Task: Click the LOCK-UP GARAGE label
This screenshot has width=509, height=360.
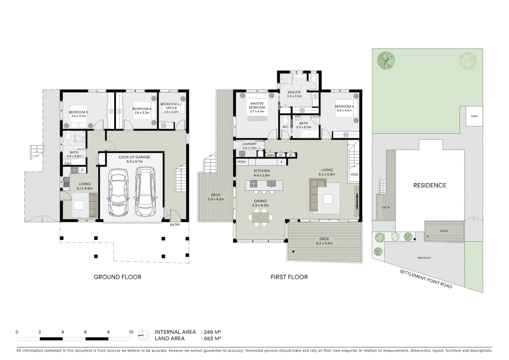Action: coord(134,157)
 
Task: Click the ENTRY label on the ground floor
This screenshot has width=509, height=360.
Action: coord(175,225)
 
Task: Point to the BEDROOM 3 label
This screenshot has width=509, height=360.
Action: coord(78,112)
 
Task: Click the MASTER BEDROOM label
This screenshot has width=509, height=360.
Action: coord(257,105)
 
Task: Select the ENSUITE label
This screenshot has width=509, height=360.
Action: coord(294,92)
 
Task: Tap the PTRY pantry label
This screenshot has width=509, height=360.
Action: coord(242,162)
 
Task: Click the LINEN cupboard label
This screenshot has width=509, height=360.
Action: coord(270,155)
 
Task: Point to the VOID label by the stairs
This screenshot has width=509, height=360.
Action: coord(354,174)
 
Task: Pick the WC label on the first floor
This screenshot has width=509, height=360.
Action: coord(285,127)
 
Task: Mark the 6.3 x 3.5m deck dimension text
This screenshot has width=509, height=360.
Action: coord(324,243)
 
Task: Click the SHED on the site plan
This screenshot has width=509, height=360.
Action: coord(474,116)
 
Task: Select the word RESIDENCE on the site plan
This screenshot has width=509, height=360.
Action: coord(429,185)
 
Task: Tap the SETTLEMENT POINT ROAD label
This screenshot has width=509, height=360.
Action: coord(426,279)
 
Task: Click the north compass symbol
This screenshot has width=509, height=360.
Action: coord(143,335)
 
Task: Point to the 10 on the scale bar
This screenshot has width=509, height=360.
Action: coord(131,332)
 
